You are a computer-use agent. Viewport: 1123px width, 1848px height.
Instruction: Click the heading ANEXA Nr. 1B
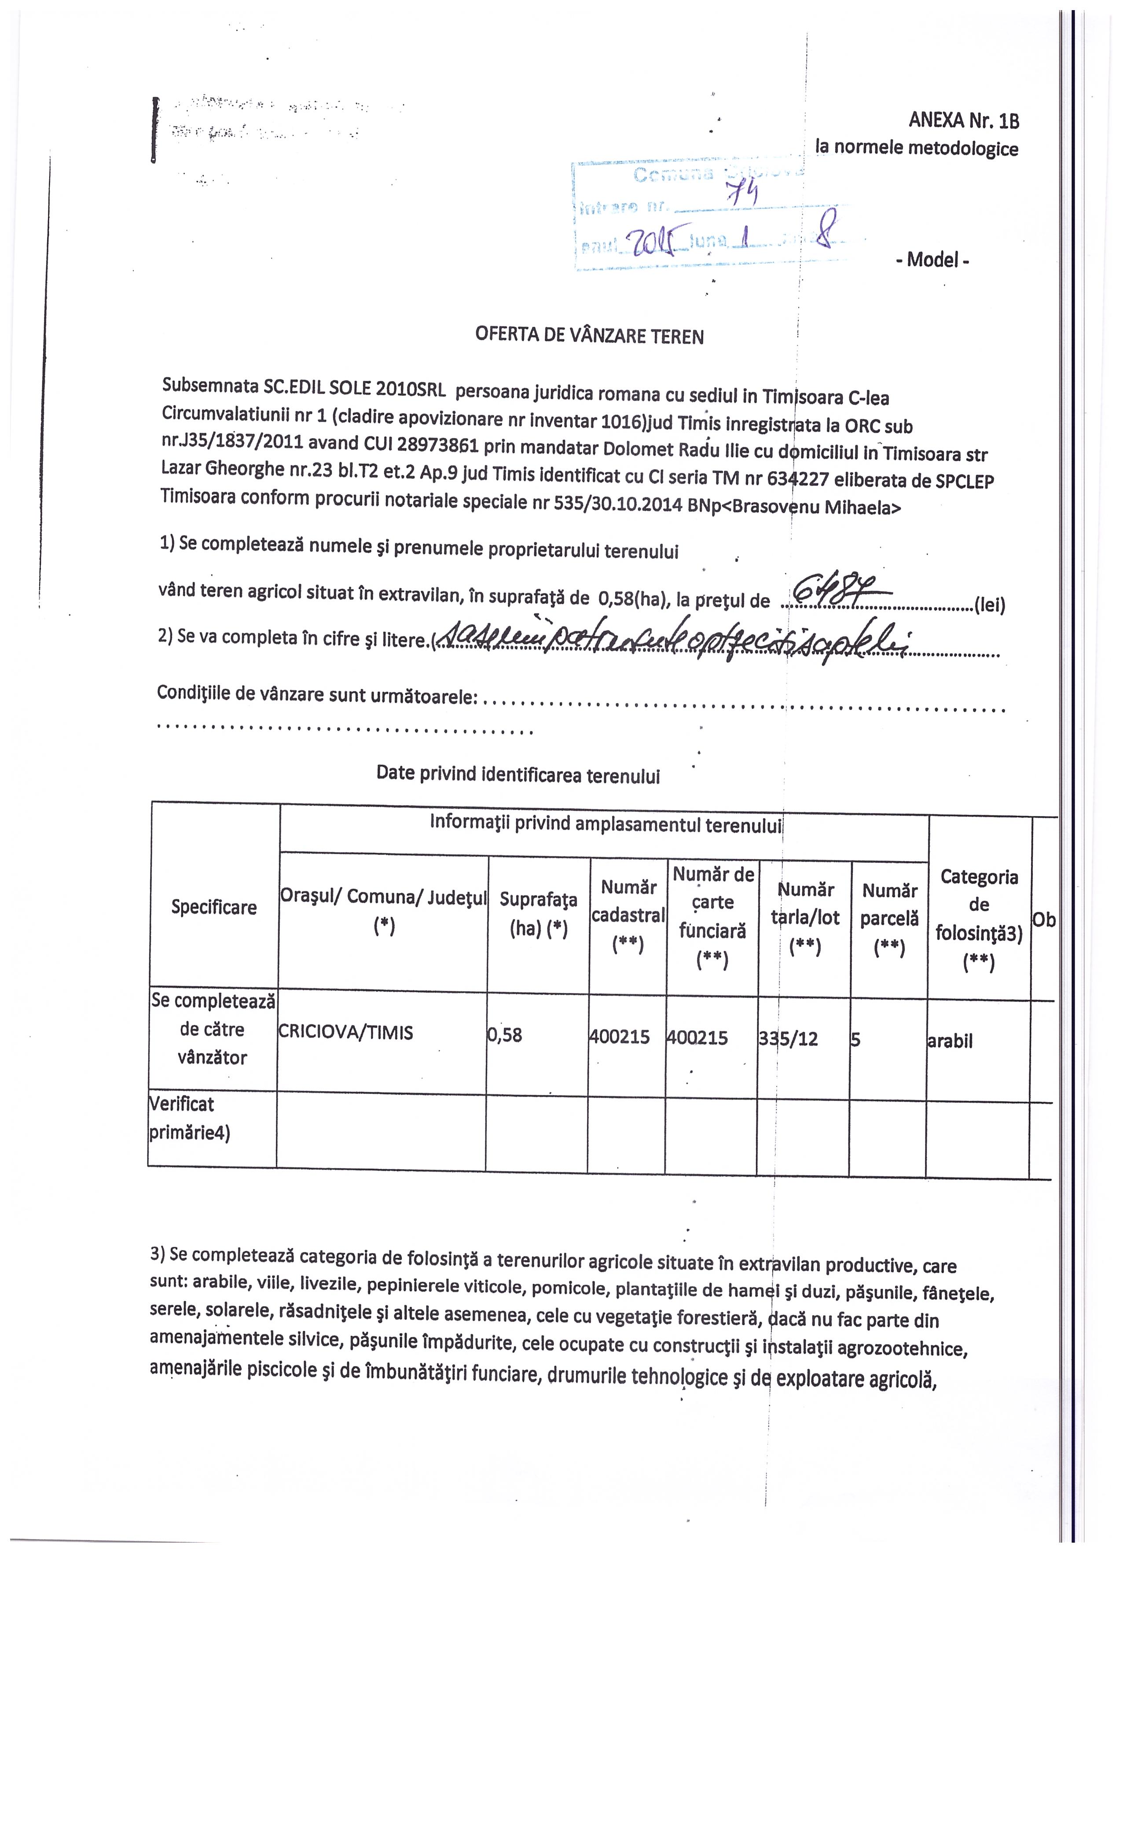tap(963, 120)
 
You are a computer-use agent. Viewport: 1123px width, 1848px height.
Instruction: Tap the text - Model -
tap(932, 260)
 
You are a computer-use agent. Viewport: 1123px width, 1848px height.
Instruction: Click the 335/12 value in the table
tap(789, 1039)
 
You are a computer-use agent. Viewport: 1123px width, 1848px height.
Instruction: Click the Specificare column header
tap(214, 907)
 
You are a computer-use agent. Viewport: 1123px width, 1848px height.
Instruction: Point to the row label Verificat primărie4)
tap(190, 1118)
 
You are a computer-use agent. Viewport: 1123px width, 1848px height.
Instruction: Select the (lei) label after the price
tap(989, 605)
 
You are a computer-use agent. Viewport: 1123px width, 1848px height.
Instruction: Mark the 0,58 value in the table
tap(505, 1035)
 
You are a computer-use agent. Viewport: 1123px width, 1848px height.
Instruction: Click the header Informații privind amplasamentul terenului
tap(606, 824)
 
